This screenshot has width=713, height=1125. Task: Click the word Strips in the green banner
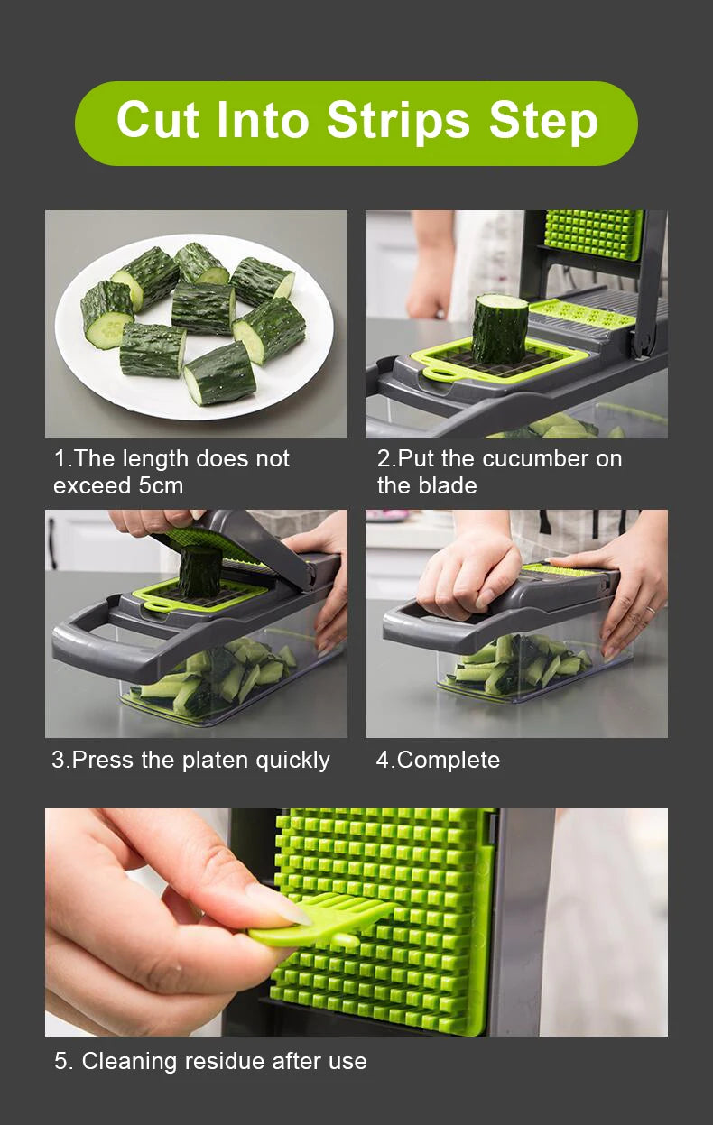[398, 122]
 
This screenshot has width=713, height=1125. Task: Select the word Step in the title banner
[543, 122]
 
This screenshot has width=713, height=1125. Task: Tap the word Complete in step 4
[449, 761]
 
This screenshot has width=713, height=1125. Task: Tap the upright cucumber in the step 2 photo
[499, 328]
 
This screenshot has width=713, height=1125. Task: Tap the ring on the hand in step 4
[650, 610]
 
